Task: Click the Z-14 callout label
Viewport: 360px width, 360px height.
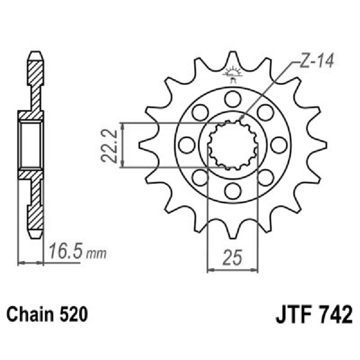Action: (316, 62)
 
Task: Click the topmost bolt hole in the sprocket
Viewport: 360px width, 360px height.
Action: (233, 98)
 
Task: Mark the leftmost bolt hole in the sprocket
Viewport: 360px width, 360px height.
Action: (186, 145)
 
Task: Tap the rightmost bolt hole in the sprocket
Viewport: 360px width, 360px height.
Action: (279, 145)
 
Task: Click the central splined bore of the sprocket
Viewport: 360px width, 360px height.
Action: (233, 145)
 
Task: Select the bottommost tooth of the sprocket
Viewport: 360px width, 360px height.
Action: (233, 232)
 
